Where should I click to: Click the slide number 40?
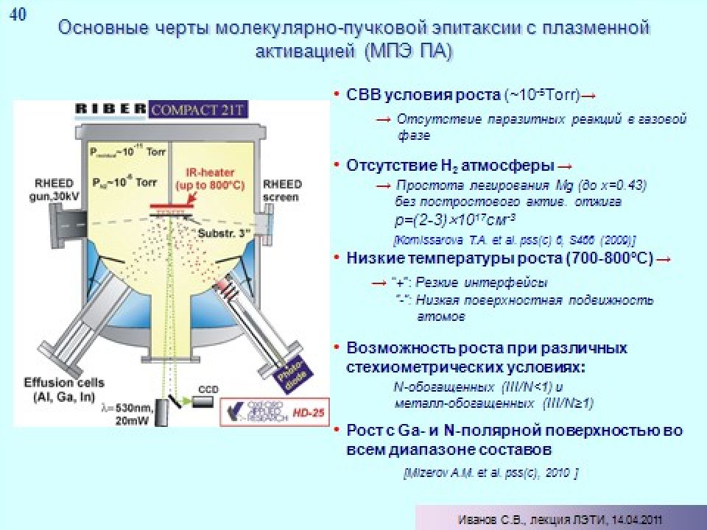click(x=17, y=15)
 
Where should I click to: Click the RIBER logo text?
click(x=110, y=109)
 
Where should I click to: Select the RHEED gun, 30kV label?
click(x=51, y=190)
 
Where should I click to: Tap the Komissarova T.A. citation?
click(x=515, y=240)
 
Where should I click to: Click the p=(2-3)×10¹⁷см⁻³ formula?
click(x=452, y=220)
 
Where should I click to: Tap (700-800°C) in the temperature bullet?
click(x=608, y=259)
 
